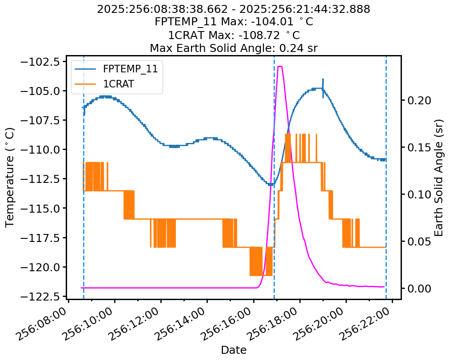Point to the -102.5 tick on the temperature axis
pos(41,62)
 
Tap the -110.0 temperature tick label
pos(41,150)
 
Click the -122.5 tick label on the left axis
pos(41,296)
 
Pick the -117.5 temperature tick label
pos(41,237)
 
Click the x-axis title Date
pos(234,350)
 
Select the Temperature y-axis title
pos(10,178)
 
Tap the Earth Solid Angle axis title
pos(439,178)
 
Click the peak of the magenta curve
pos(280,67)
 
